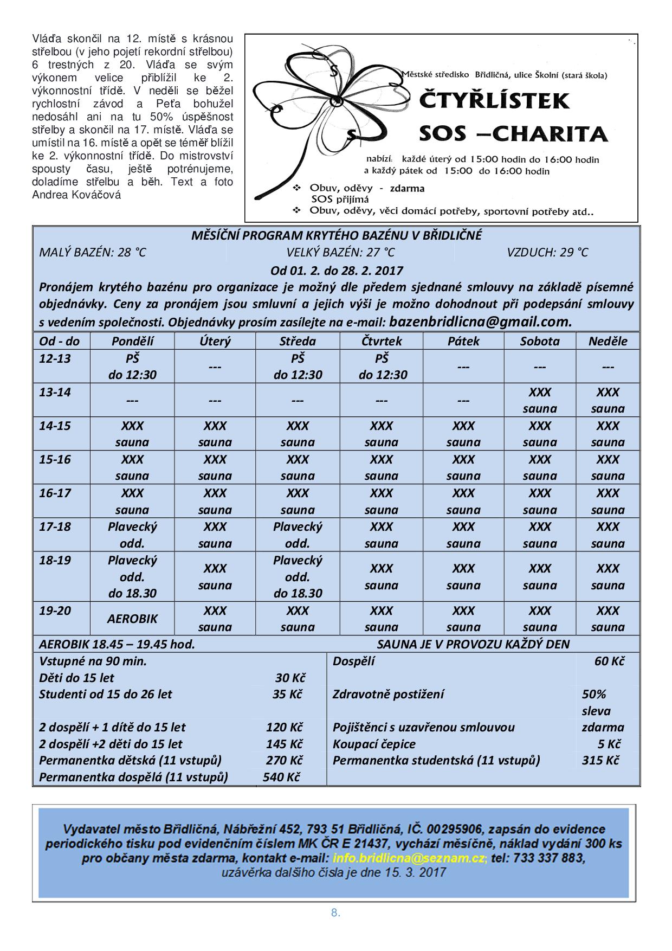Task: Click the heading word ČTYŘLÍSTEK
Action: click(x=495, y=101)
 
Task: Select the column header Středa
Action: click(x=298, y=341)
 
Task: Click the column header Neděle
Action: click(x=608, y=341)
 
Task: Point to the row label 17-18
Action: click(x=55, y=526)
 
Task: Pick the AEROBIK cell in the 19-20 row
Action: click(x=132, y=619)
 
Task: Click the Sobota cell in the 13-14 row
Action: click(x=540, y=400)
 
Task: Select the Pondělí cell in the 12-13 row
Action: click(x=132, y=367)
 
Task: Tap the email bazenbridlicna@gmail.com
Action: click(x=480, y=322)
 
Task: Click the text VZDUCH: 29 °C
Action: click(x=547, y=252)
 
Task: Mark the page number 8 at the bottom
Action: click(x=335, y=913)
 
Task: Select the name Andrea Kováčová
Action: click(x=76, y=195)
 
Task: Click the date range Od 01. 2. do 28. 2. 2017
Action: click(x=337, y=270)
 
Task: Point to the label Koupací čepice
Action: click(x=374, y=744)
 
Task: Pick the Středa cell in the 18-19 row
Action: click(x=298, y=576)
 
